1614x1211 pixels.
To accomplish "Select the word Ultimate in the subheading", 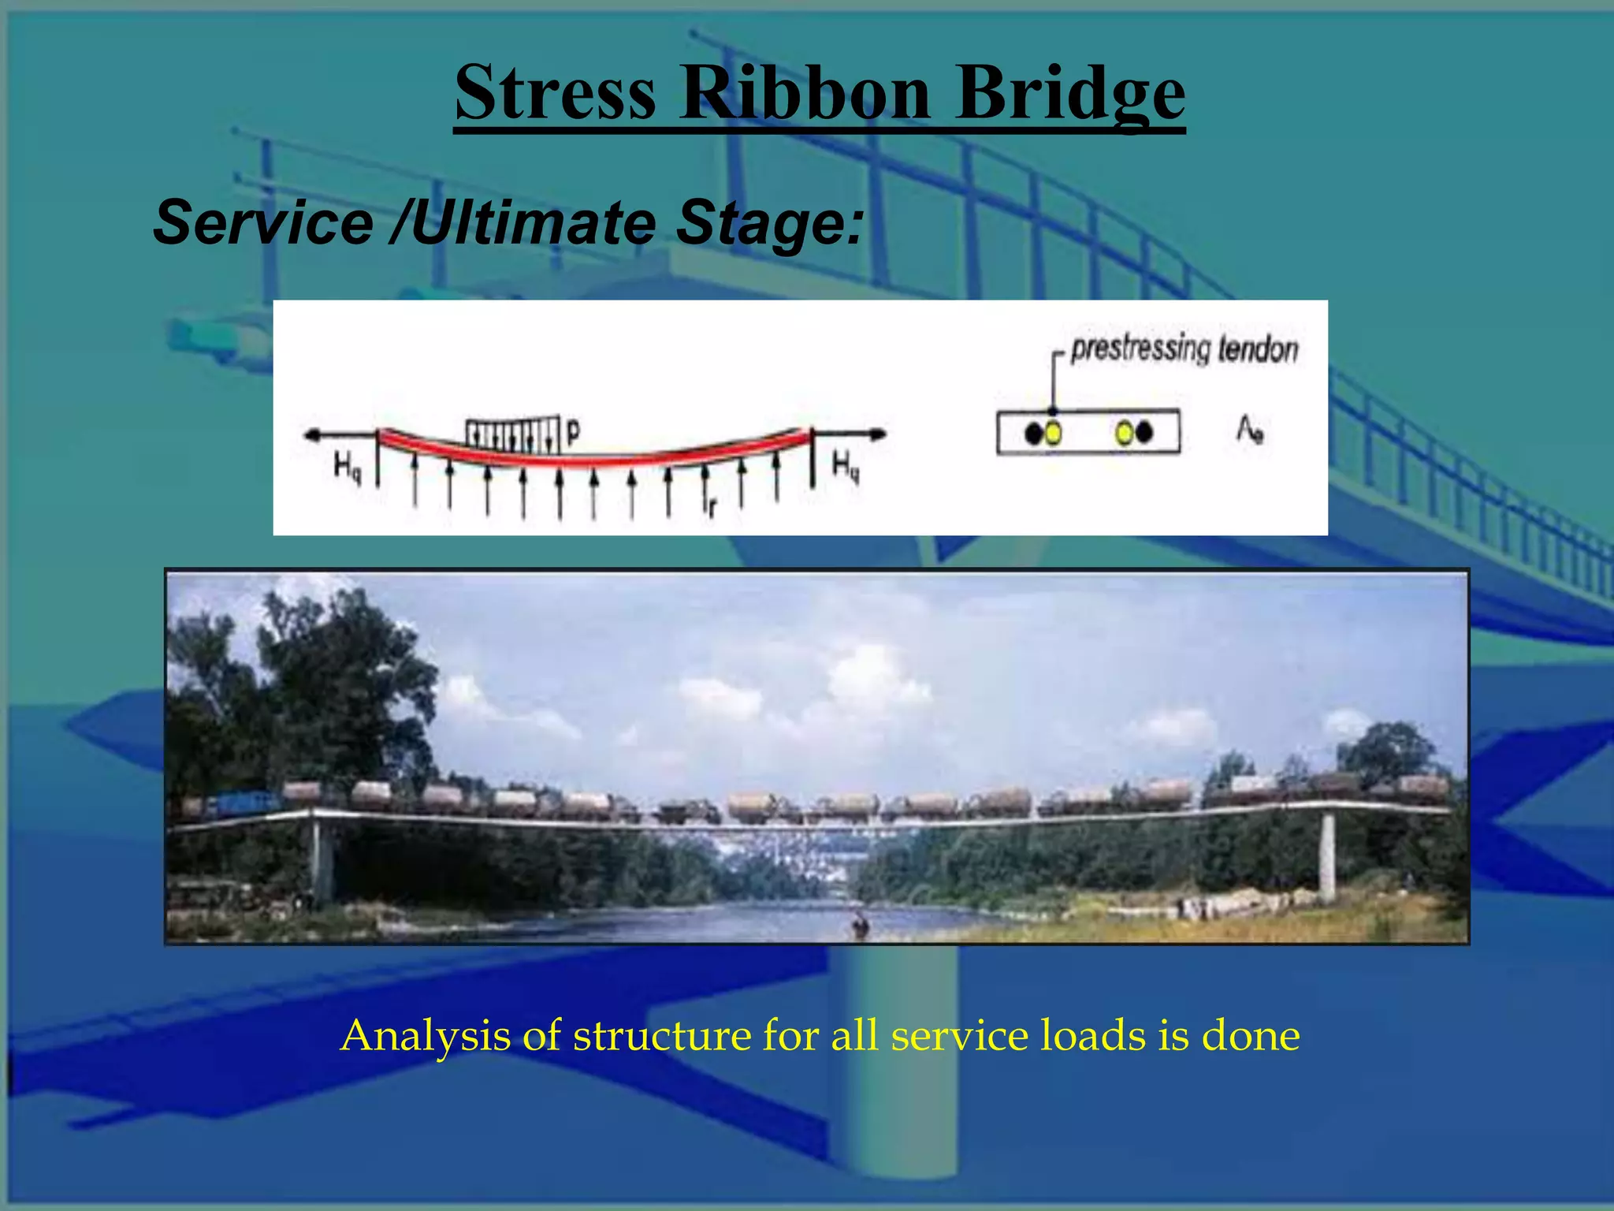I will tap(532, 222).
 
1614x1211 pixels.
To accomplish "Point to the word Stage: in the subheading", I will tap(770, 222).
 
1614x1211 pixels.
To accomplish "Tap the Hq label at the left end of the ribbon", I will tap(348, 466).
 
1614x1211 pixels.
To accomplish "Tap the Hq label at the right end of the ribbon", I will tap(846, 466).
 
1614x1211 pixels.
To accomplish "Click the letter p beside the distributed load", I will tap(573, 431).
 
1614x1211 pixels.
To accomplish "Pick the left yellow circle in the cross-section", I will tap(1053, 433).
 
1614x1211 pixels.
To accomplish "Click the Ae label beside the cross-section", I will tap(1250, 430).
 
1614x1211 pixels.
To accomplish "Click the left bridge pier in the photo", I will tap(321, 859).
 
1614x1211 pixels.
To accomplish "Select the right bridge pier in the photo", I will tap(1328, 856).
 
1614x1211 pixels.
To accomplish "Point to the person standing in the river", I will tap(859, 923).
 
